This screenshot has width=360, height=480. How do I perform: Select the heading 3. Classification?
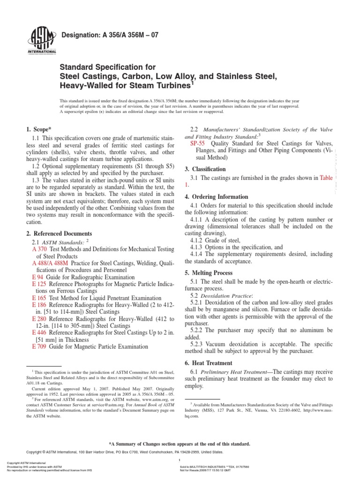coord(205,169)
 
